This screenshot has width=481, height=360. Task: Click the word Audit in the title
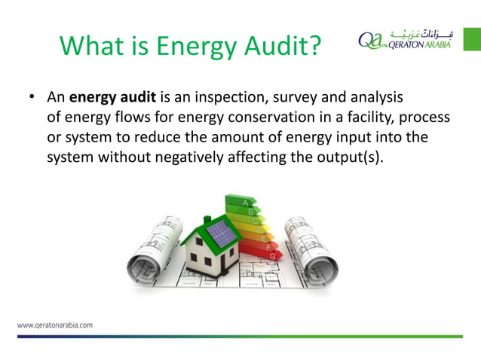tap(266, 47)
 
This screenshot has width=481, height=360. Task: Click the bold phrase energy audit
tap(112, 98)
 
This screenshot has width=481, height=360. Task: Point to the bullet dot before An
tap(32, 99)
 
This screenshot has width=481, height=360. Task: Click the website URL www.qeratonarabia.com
tap(55, 326)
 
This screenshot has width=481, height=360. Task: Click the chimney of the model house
tap(207, 222)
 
